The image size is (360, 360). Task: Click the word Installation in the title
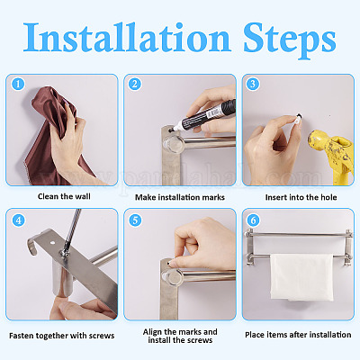127,38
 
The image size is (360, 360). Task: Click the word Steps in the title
290,40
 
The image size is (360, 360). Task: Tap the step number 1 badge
18,84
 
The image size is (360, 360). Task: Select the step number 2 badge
135,84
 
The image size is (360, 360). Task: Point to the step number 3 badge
253,84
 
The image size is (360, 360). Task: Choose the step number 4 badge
18,220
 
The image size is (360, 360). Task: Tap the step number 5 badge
135,220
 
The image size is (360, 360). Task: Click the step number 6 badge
253,220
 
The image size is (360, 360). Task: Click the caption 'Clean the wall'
64,196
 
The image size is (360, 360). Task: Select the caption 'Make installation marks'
180,197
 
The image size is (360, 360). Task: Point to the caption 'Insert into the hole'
301,197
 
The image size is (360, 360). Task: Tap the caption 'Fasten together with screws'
62,336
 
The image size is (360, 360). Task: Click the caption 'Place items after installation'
298,335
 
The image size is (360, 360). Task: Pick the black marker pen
203,116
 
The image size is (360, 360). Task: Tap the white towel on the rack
301,277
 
